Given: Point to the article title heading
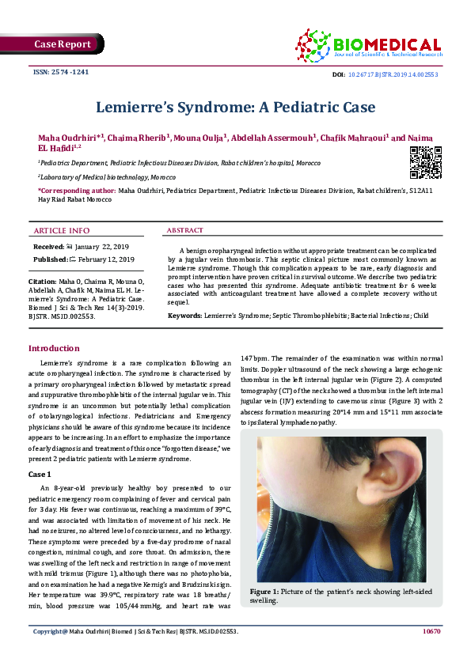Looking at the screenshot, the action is pyautogui.click(x=235, y=106).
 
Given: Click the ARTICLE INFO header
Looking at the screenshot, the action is pyautogui.click(x=61, y=230).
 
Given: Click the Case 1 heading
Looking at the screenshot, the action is pyautogui.click(x=40, y=474).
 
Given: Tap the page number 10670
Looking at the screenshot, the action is pyautogui.click(x=431, y=631).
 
